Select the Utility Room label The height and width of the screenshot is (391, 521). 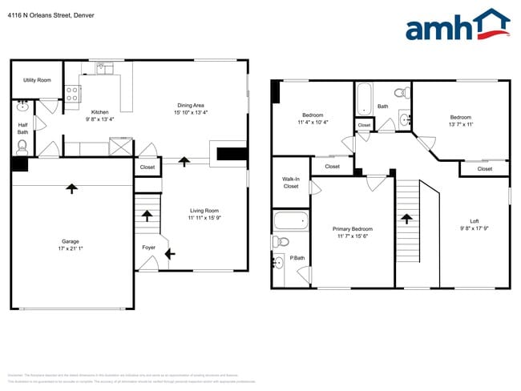pos(37,80)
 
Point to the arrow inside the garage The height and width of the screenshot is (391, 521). pos(71,188)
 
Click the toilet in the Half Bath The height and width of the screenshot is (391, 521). pos(22,146)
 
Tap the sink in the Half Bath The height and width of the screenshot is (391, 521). pos(22,106)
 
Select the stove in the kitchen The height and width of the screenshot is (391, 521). pos(73,95)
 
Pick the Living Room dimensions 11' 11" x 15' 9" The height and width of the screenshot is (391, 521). pos(204,218)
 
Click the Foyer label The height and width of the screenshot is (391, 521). pos(149,248)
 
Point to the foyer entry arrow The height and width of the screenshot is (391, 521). pos(169,254)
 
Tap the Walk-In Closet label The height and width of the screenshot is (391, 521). pos(290,183)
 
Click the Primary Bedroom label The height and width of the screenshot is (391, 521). pos(353,229)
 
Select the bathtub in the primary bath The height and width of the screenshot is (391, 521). pos(290,220)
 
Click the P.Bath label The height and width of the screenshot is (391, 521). pos(297,258)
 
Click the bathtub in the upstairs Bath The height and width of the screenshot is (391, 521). pos(364,98)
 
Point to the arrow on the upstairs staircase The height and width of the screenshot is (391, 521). pos(406,218)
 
